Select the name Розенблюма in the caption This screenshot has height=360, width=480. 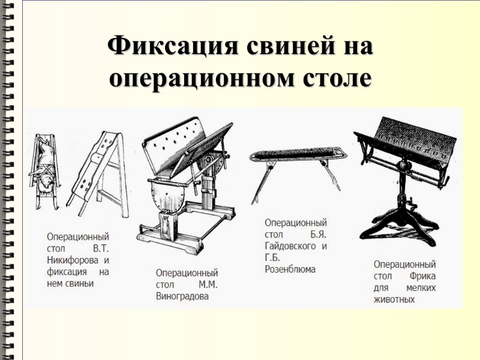tap(290, 269)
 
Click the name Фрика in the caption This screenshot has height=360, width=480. tap(423, 276)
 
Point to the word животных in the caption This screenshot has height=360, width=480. tap(394, 299)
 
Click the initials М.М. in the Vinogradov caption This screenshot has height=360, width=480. tap(206, 284)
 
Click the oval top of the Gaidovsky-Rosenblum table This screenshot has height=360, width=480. tap(294, 155)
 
